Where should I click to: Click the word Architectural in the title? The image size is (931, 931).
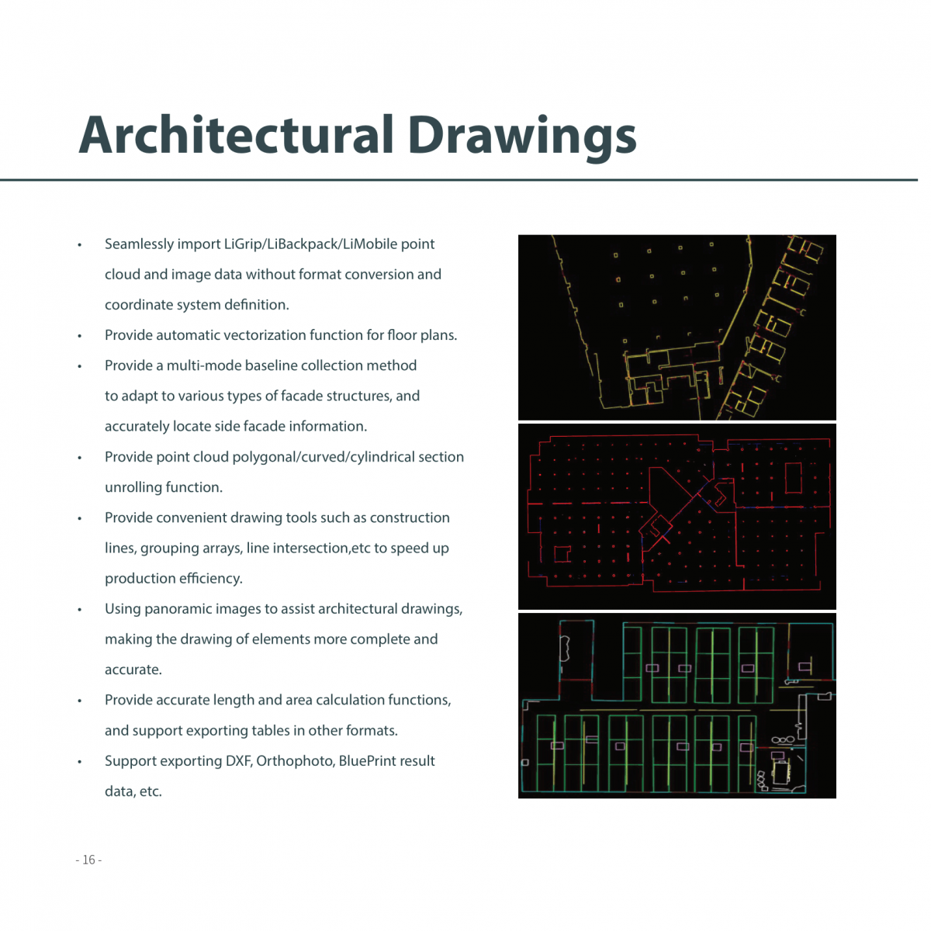point(237,135)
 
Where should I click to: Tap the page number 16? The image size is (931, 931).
point(88,860)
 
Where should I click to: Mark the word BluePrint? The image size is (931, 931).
point(369,761)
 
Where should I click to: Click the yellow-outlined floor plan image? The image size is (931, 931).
point(677,327)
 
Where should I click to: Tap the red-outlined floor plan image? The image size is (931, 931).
point(677,516)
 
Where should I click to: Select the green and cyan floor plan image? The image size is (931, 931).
point(677,705)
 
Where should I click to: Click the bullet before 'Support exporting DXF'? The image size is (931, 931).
point(79,762)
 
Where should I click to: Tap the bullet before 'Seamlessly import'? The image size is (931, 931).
point(79,245)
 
